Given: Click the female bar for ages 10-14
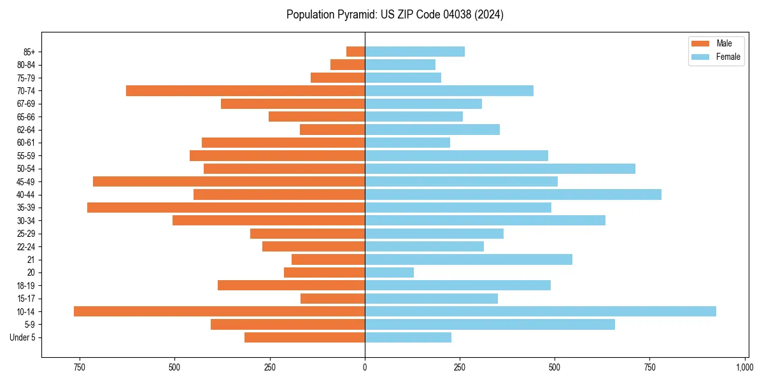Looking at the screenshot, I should coord(540,311).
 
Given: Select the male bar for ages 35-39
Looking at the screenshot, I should coord(226,208).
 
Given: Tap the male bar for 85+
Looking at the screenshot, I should coord(355,52).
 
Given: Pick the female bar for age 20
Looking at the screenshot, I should coord(389,272).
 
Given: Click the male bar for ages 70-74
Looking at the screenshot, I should coord(245,90).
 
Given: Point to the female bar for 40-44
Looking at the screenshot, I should coord(513,194).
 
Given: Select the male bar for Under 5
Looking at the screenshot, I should coord(304,337).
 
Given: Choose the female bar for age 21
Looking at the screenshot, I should coord(468,259).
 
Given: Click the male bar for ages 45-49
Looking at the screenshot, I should coord(229,181).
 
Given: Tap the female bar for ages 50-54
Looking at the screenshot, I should coord(500,169).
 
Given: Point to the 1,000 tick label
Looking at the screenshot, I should coord(744,367).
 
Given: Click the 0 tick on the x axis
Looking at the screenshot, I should coord(365,367).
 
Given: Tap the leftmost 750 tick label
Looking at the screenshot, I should coord(79,367).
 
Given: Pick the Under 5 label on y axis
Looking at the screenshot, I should coord(23,337).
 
